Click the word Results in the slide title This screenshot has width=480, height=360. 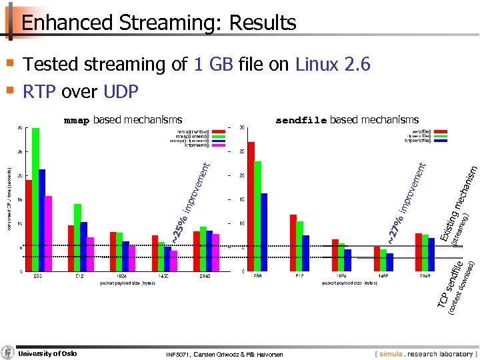coord(262,23)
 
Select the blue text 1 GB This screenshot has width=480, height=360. coord(213,65)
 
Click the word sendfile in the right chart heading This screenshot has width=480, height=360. coord(301,121)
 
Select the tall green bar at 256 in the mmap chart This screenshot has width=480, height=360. coord(35,200)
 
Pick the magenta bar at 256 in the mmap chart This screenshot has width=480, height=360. coord(48,233)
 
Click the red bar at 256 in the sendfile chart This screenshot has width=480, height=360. coord(251,207)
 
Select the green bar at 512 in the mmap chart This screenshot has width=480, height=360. coord(78,237)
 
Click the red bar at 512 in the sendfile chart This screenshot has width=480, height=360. coord(293,243)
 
